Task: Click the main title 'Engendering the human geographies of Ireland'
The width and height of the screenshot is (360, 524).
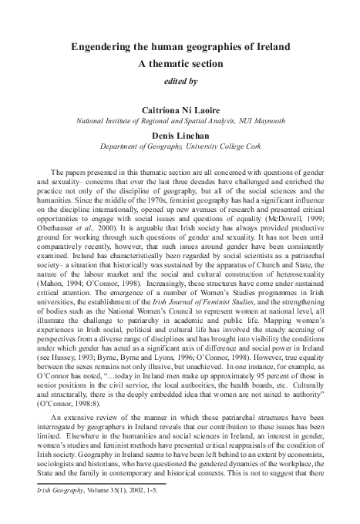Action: click(x=180, y=47)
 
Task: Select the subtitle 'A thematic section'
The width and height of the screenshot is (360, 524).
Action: click(x=180, y=64)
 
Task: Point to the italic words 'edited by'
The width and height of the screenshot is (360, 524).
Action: click(x=180, y=80)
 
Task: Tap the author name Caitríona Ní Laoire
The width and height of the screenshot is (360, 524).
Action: click(x=180, y=110)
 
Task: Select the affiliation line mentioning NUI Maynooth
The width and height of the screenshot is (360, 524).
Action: click(x=180, y=121)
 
